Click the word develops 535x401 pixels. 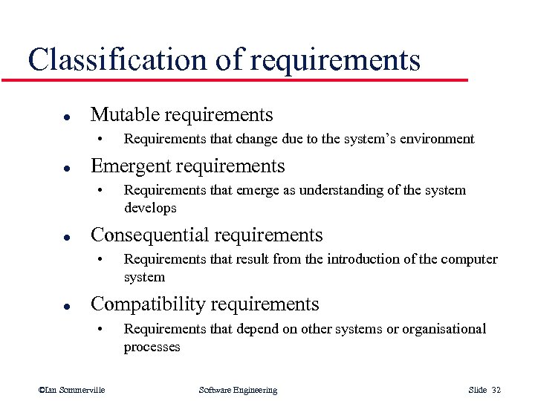pos(150,208)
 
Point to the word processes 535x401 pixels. pos(152,347)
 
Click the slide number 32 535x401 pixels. pos(496,390)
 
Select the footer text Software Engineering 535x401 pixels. pos(238,390)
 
